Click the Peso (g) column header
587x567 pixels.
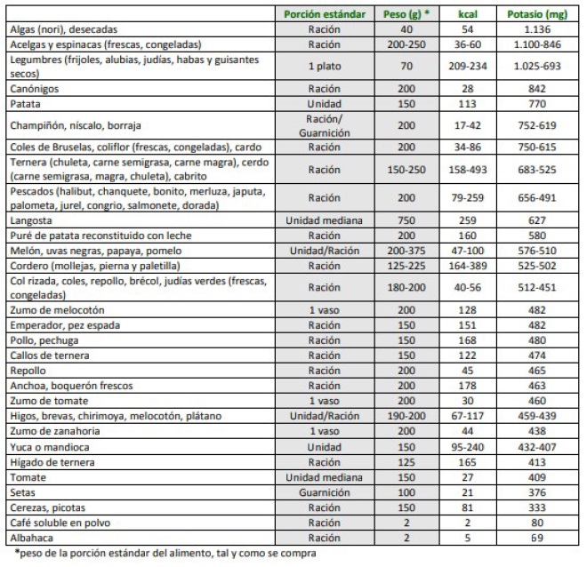tap(408, 15)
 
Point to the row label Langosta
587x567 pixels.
tap(32, 219)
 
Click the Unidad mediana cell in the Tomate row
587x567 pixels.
tap(324, 478)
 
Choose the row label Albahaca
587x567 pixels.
tap(31, 538)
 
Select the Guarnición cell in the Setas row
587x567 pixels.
tap(324, 492)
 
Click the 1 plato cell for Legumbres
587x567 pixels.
tap(324, 66)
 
